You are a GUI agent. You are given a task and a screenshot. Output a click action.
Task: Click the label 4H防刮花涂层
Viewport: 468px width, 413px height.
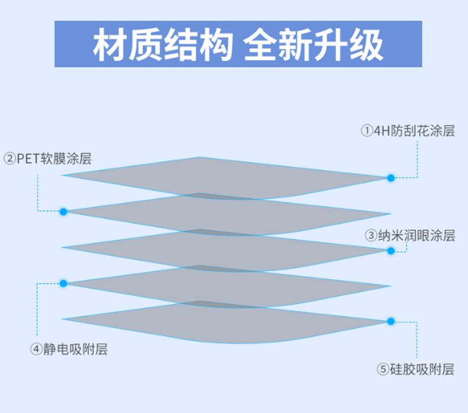414,131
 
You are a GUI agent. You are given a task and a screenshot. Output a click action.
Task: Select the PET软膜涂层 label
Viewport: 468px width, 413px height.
54,159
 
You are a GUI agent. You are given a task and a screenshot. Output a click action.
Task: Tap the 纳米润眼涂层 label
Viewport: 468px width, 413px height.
416,236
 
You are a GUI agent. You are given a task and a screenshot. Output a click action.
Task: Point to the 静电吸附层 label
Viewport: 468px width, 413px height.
75,349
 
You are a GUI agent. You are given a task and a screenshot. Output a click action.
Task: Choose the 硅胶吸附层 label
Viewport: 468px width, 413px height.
422,369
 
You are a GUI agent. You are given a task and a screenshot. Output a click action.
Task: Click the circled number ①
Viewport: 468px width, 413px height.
367,131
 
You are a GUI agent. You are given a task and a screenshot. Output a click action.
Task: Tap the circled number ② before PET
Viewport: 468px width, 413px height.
9,159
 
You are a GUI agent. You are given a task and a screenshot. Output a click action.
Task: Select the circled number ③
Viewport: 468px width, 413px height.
371,236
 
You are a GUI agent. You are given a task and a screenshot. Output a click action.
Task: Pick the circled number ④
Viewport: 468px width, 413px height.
36,349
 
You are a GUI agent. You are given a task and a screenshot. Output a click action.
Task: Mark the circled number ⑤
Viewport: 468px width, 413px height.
383,369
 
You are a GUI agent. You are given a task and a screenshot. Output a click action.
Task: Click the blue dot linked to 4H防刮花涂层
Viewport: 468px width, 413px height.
391,178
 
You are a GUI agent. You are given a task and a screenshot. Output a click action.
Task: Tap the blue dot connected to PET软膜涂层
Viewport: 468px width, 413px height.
63,212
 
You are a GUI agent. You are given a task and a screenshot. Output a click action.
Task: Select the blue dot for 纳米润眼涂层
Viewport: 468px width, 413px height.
391,251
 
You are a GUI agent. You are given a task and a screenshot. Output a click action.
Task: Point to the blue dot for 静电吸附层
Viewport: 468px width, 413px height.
63,283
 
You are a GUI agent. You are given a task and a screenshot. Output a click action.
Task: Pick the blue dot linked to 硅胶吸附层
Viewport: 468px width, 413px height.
391,321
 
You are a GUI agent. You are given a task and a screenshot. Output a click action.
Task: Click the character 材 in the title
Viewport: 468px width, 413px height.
109,44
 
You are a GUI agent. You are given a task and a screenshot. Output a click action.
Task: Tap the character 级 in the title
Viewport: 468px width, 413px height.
367,44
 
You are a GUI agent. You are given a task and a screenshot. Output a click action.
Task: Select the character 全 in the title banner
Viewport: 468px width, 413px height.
259,44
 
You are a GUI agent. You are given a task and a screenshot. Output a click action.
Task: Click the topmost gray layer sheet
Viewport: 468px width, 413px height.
226,178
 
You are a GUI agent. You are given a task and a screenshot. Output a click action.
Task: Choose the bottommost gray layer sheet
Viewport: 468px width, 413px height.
226,322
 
